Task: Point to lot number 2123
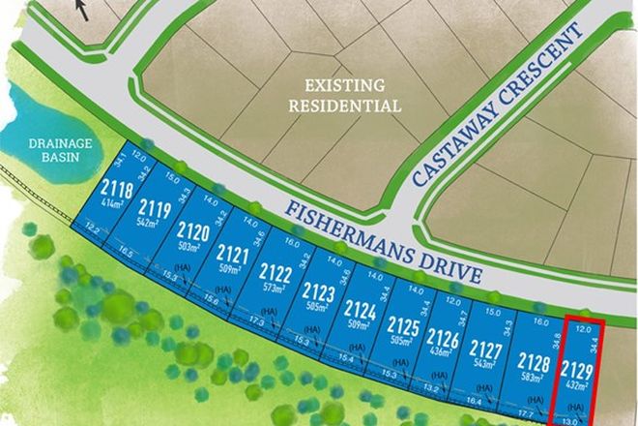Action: click(318, 291)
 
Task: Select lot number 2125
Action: click(402, 325)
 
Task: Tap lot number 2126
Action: click(442, 339)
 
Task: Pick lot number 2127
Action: click(484, 350)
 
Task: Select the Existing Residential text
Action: click(344, 96)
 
